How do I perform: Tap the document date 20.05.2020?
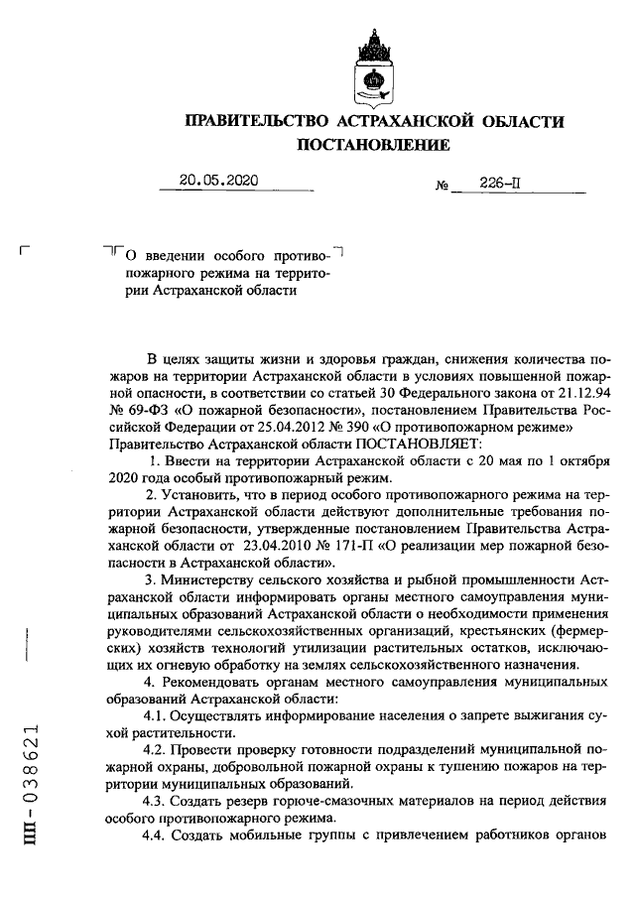point(218,181)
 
